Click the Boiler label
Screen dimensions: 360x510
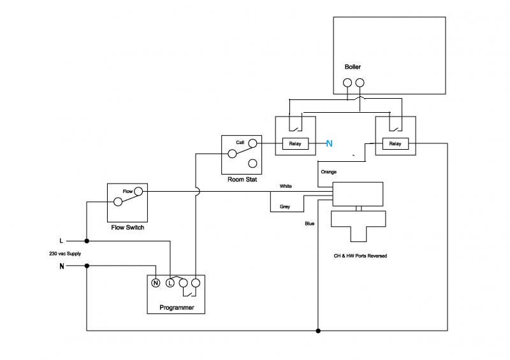(353, 67)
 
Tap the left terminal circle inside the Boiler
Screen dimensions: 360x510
(347, 83)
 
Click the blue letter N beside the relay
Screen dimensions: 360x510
(330, 144)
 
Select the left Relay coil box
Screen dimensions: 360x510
(295, 144)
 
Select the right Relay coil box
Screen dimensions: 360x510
(395, 144)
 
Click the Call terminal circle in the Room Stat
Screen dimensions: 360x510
(252, 143)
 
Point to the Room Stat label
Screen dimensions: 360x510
(242, 180)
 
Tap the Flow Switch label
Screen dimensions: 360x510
(127, 227)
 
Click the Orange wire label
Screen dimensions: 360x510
(329, 172)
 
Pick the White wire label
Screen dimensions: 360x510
(286, 186)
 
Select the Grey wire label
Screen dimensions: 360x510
(285, 207)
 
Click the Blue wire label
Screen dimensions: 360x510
(309, 224)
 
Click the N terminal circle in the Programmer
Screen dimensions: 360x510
(155, 282)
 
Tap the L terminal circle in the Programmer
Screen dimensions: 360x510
(170, 282)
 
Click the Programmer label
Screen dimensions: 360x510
(176, 308)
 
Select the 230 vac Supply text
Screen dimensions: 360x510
(65, 254)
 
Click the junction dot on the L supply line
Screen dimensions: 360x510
(87, 241)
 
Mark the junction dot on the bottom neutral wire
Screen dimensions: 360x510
(318, 331)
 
